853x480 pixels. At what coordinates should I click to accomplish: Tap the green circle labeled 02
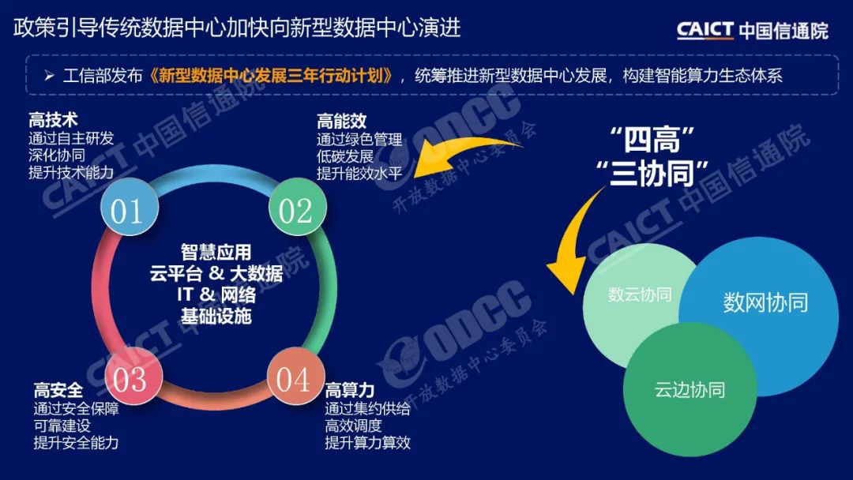pos(297,211)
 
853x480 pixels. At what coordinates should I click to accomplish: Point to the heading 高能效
pos(341,121)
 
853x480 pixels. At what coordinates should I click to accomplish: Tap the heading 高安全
pos(58,389)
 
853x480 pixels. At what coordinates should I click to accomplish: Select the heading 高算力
pos(349,389)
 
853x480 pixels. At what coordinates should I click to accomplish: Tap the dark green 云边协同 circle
pos(690,388)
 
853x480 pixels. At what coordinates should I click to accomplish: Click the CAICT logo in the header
pos(752,30)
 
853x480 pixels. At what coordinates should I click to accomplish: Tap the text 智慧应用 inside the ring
pos(216,253)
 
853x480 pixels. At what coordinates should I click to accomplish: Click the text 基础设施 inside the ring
pos(216,316)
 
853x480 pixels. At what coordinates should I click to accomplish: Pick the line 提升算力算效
pos(368,443)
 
